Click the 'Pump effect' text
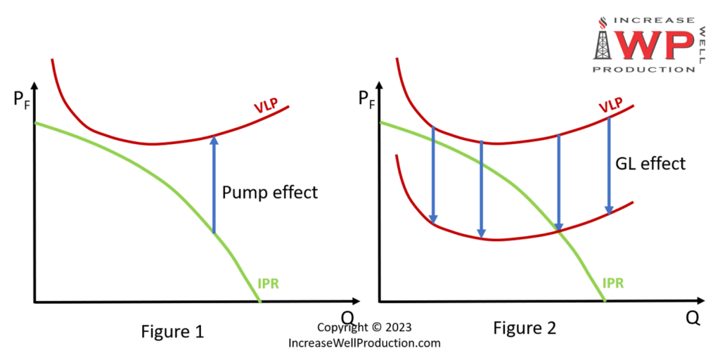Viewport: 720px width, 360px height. pyautogui.click(x=270, y=191)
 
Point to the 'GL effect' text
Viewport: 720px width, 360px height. pyautogui.click(x=650, y=164)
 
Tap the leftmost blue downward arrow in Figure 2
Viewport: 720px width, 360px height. pyautogui.click(x=433, y=176)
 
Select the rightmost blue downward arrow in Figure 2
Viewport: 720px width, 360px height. pyautogui.click(x=609, y=165)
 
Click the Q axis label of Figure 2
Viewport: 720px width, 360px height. pyautogui.click(x=693, y=318)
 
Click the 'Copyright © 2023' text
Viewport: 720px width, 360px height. pyautogui.click(x=364, y=328)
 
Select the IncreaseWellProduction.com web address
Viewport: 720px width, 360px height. pyautogui.click(x=364, y=343)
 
